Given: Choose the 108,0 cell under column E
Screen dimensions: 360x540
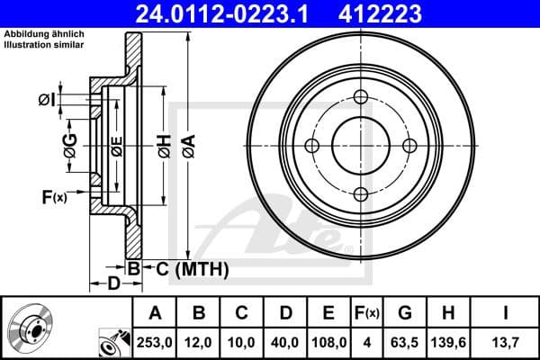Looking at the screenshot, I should pos(329,341).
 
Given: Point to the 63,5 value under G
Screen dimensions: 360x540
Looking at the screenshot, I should pos(405,341).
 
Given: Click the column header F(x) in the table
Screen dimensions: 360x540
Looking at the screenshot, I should pos(368,313).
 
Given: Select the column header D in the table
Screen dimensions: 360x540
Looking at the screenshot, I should pos(286,313).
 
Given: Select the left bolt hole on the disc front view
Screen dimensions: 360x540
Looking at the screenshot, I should pos(312,146).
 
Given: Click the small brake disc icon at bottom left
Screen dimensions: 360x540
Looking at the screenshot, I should pos(33,329).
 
